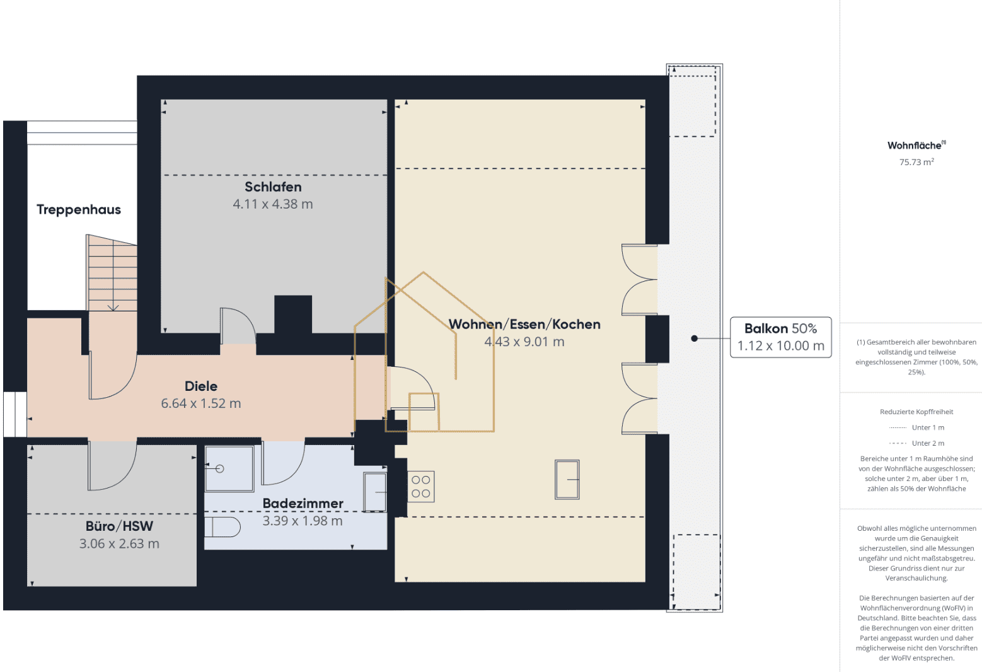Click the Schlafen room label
coord(273,187)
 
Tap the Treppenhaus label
coord(79,209)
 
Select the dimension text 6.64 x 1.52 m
coord(201,403)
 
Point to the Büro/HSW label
coord(119,526)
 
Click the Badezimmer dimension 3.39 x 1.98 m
coord(303,521)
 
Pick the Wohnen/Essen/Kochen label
coord(524,325)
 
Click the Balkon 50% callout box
coord(781,337)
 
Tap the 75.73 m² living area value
coord(916,162)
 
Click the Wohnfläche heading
coord(916,145)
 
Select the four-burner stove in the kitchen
coord(421,487)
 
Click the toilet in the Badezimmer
coord(222,527)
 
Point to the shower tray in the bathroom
coord(229,468)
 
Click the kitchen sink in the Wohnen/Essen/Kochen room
coord(567,480)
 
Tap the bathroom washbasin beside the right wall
coord(375,492)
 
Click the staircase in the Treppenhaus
coord(112,273)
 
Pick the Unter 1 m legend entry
coord(916,427)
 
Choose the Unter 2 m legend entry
coord(916,443)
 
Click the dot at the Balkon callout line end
coord(694,339)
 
